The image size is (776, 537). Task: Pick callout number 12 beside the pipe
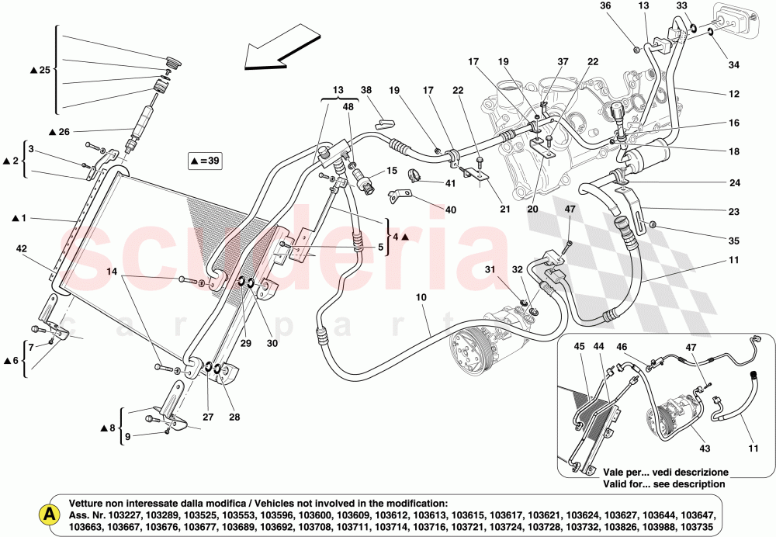coord(733,94)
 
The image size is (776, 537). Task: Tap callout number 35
coord(733,241)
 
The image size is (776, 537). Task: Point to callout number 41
coord(428,183)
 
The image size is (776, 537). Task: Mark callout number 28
coord(234,417)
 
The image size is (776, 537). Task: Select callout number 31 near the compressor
coord(490,269)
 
